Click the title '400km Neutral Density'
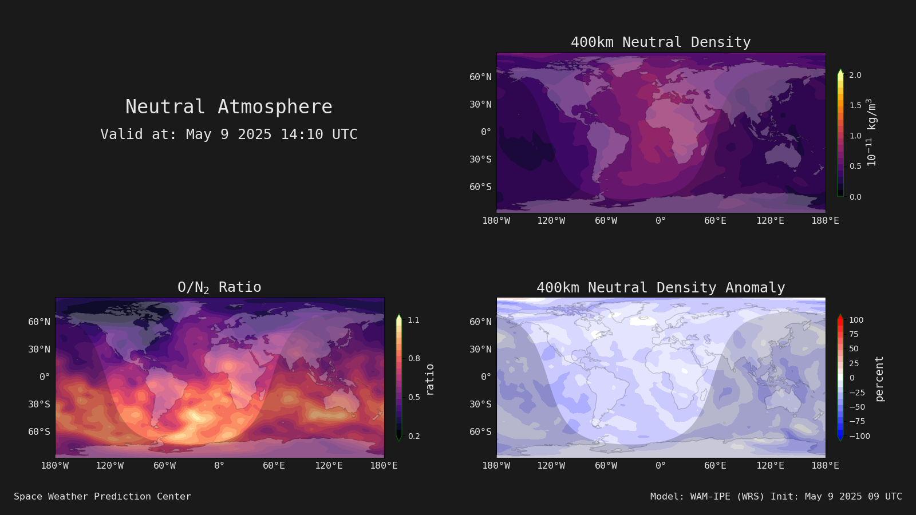pos(661,42)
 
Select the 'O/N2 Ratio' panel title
pos(219,287)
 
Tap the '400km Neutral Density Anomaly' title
pos(661,288)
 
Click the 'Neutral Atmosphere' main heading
pos(228,106)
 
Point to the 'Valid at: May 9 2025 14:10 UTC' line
pos(228,134)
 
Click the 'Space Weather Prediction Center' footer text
pos(102,497)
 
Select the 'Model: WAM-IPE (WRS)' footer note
pos(707,497)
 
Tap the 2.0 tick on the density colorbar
pos(855,75)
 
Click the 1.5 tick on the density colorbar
pos(855,105)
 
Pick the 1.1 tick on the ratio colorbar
pos(413,320)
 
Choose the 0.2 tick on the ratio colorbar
pos(414,436)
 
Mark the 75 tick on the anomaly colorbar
pos(854,334)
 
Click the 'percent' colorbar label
pos(879,379)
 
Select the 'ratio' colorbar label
pos(429,380)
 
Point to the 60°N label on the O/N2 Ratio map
pos(40,322)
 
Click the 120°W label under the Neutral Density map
pos(551,221)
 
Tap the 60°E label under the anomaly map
pos(715,466)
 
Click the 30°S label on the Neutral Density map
pos(480,160)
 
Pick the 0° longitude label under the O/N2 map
pos(219,466)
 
